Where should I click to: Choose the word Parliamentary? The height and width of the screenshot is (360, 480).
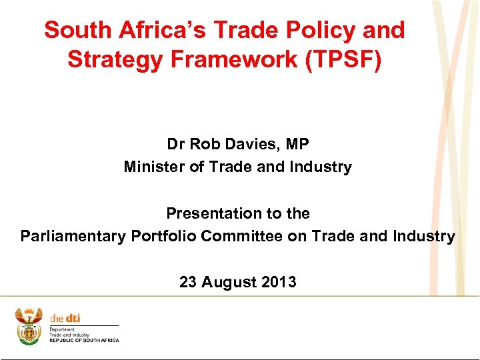(x=71, y=236)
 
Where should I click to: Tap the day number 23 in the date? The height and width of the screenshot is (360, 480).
(x=189, y=282)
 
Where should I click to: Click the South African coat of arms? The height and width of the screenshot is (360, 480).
(x=29, y=326)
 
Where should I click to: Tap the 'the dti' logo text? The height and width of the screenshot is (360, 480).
(x=65, y=319)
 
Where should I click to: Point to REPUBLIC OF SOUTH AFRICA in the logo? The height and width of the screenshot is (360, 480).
(x=84, y=341)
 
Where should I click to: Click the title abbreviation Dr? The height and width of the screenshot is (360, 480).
(x=176, y=143)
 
